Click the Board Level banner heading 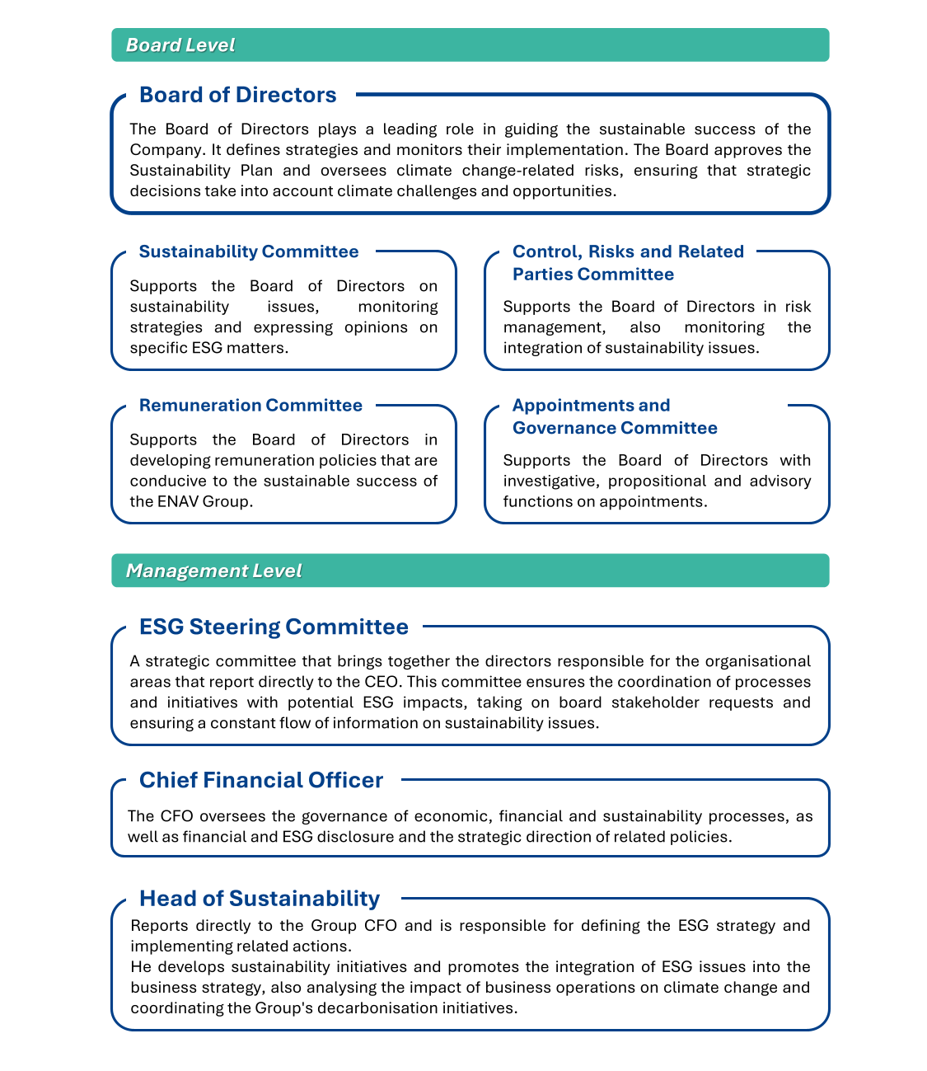coord(180,45)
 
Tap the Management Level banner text coord(213,571)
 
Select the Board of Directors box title coord(237,95)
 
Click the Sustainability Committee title coord(249,251)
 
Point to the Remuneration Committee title coord(250,405)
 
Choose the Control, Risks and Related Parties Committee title coord(628,262)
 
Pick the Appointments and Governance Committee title coord(615,416)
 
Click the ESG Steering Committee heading coord(274,627)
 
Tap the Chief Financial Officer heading coord(261,780)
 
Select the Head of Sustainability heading coord(260,898)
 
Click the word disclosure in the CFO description coord(356,836)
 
